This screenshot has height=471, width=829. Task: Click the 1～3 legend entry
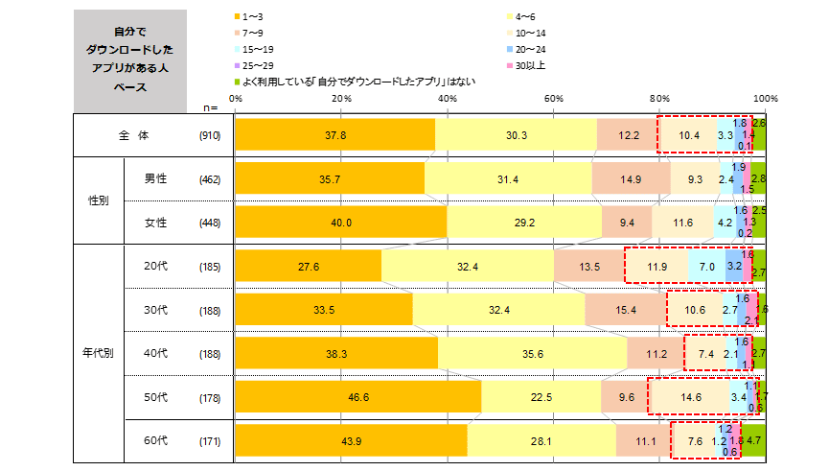click(x=253, y=17)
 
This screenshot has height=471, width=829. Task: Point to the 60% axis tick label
click(x=553, y=99)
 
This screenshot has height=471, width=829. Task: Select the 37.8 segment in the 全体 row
click(x=335, y=136)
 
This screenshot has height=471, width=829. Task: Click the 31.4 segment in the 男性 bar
click(x=508, y=177)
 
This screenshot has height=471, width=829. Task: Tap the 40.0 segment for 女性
click(x=341, y=223)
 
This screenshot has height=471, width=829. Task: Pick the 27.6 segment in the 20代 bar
click(x=309, y=266)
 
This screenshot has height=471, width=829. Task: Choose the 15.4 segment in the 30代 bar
click(x=625, y=309)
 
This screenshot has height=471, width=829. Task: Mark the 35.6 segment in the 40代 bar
click(x=533, y=353)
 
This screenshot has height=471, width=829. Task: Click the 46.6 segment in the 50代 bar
click(x=358, y=396)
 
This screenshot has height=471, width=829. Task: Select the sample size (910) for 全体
click(x=210, y=136)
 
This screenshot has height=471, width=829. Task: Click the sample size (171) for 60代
click(x=210, y=440)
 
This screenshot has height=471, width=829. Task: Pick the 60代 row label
click(x=156, y=440)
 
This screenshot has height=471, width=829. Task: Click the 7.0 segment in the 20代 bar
click(x=706, y=266)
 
